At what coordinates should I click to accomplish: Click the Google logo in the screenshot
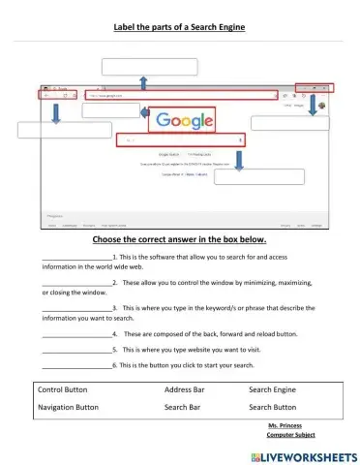[181, 121]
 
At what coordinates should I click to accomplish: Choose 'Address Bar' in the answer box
[184, 388]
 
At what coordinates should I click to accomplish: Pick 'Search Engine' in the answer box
[274, 388]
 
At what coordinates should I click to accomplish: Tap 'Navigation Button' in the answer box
[75, 407]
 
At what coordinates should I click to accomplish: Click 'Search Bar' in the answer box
[181, 407]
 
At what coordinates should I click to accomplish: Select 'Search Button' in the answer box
[274, 407]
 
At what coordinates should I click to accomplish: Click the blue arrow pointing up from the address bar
[143, 82]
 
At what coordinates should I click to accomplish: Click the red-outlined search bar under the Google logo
[181, 140]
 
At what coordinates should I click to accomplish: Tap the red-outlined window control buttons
[313, 87]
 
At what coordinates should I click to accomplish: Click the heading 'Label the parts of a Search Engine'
[180, 27]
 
